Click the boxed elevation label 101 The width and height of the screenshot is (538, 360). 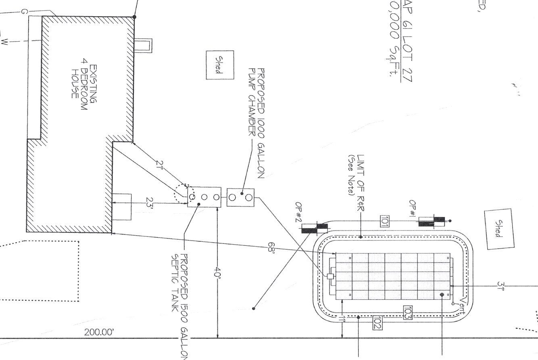click(x=384, y=221)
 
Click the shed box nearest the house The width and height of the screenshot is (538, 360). click(x=220, y=65)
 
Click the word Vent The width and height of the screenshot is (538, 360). click(x=463, y=306)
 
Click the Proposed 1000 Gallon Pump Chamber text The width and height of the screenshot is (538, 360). click(x=256, y=123)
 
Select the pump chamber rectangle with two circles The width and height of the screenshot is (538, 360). click(x=240, y=197)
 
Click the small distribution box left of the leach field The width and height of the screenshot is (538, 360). click(x=329, y=276)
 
